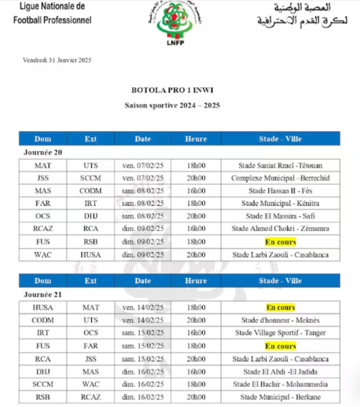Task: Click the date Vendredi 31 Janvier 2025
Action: click(57, 60)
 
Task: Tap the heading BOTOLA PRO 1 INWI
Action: click(172, 89)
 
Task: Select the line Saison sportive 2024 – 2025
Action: click(172, 105)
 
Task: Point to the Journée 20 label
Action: click(43, 152)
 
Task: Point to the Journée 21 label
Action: click(43, 294)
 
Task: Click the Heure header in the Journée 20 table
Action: click(195, 139)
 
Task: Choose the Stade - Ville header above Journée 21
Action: click(280, 281)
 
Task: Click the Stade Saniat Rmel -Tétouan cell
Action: click(280, 165)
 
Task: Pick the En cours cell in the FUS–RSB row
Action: click(280, 242)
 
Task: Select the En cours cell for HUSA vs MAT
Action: click(280, 307)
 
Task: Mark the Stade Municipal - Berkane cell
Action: click(280, 397)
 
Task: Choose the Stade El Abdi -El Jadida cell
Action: click(280, 371)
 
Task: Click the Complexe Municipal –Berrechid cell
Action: click(280, 178)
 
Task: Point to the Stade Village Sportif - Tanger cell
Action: click(280, 333)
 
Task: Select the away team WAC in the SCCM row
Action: click(90, 384)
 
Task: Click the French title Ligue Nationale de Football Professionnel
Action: click(52, 13)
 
